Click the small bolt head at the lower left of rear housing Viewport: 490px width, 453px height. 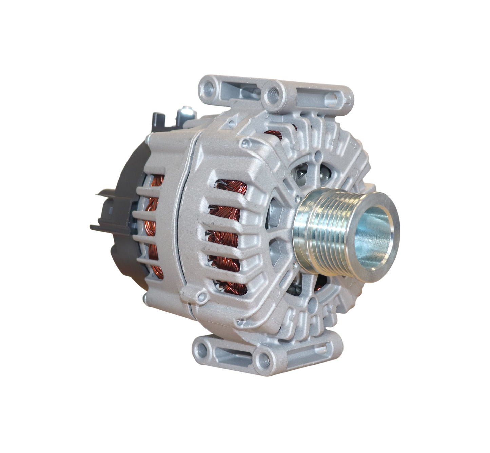(145, 298)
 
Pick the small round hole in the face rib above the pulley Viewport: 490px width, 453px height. (318, 156)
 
